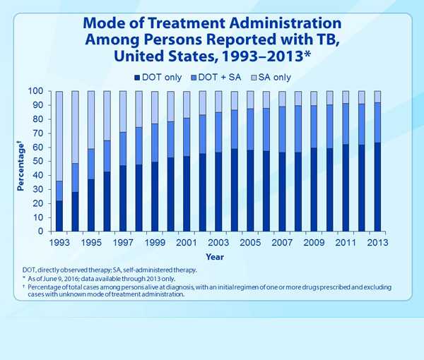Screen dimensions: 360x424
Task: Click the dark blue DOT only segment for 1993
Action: coord(59,216)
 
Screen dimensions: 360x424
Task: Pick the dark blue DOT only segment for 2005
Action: coord(250,191)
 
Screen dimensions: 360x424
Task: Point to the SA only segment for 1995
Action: coord(91,120)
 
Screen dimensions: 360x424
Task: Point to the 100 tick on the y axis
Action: coord(35,92)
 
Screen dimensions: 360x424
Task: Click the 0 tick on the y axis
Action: coord(40,232)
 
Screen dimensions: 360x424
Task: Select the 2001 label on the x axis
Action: coord(187,243)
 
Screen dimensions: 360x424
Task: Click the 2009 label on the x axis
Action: coord(314,243)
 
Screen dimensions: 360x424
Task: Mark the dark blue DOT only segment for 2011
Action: coord(346,188)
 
